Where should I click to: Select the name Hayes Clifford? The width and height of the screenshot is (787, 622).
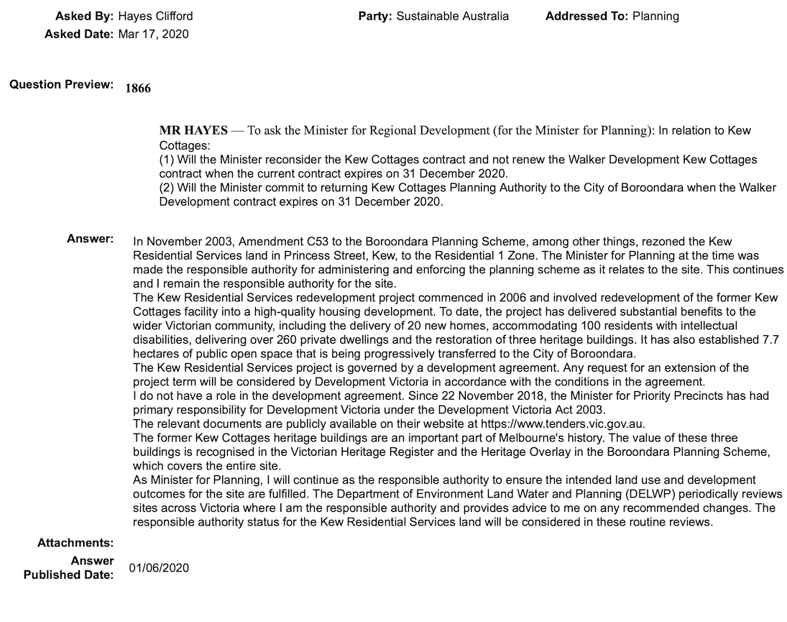[155, 16]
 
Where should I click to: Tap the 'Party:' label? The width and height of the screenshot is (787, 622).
[375, 16]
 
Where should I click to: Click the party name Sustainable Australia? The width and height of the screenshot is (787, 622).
[453, 16]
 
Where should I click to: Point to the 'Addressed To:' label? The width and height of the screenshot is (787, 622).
[586, 16]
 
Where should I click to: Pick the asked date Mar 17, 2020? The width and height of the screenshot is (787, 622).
[153, 34]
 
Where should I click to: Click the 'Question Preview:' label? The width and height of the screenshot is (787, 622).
[61, 85]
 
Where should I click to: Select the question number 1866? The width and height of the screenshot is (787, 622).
[138, 88]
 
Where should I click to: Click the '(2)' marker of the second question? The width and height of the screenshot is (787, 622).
[166, 188]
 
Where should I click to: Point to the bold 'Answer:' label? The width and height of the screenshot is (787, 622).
[90, 238]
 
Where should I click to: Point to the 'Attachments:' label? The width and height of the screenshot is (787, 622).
[75, 543]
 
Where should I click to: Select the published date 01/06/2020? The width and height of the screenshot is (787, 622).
[159, 568]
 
